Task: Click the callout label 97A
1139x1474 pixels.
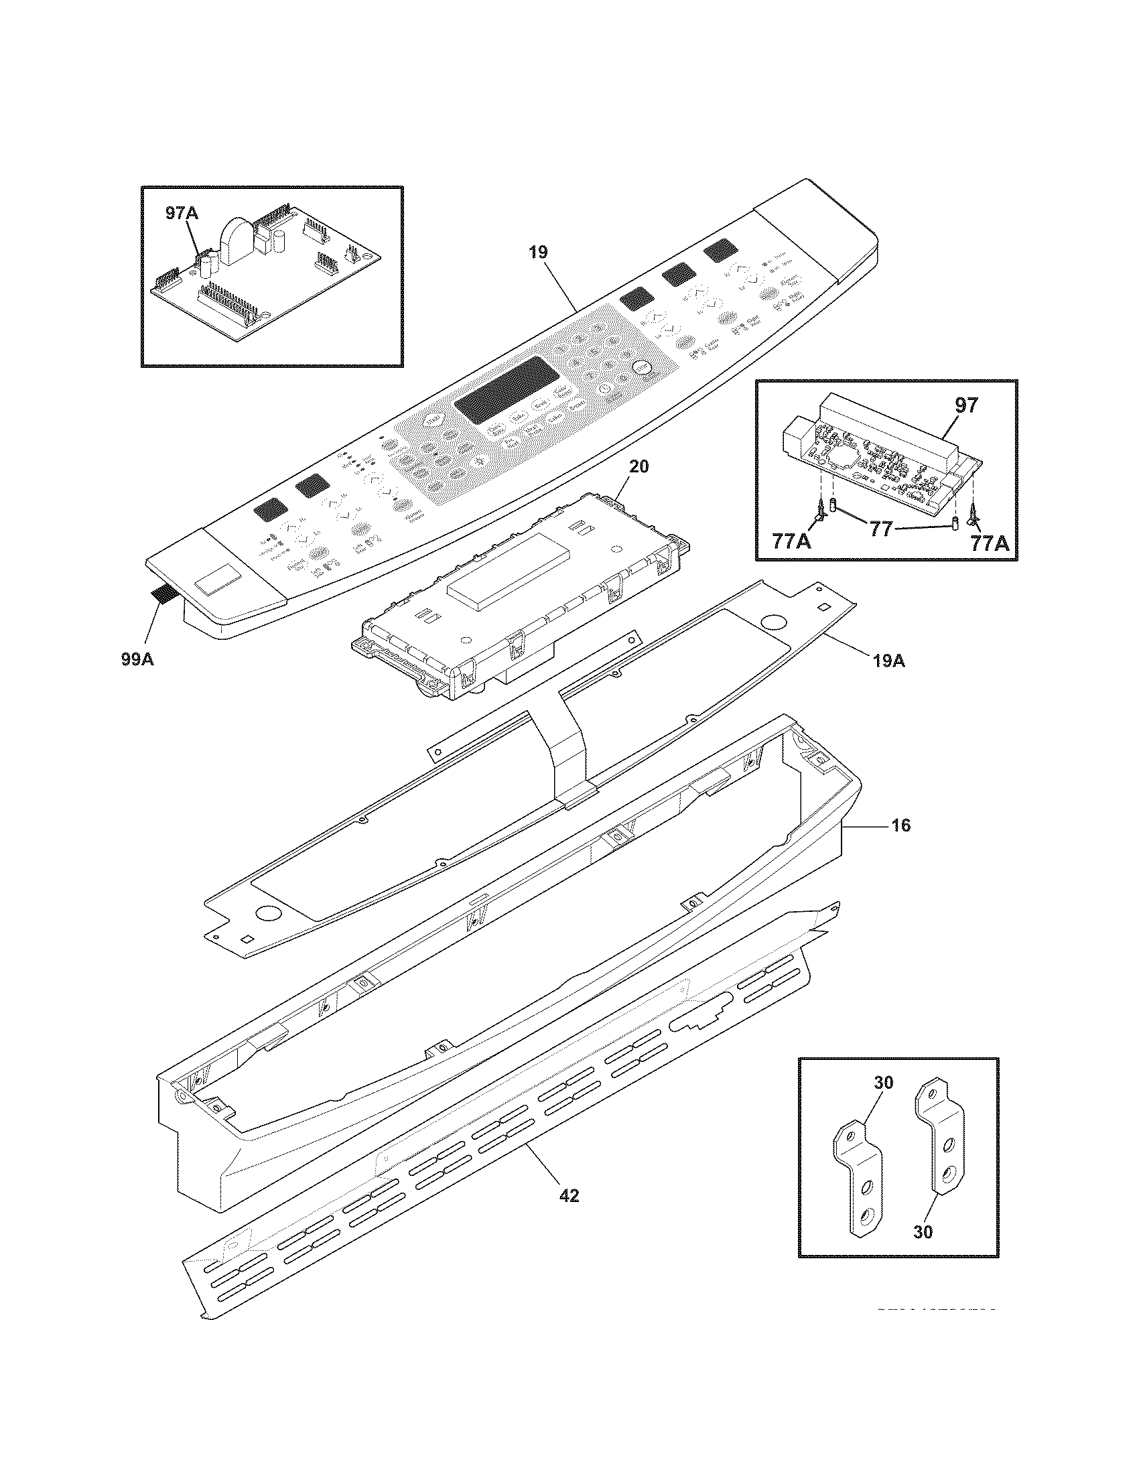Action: coord(182,214)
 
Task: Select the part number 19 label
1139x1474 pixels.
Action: coord(538,253)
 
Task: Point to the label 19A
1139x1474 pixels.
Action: coord(888,661)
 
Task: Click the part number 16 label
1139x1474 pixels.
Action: coord(900,825)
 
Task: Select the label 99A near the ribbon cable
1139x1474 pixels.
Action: coord(137,659)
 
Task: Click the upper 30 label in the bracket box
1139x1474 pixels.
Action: coord(883,1083)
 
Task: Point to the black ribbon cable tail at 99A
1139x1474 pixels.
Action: coord(165,594)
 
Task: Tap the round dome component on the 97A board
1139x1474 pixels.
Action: coord(234,241)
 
